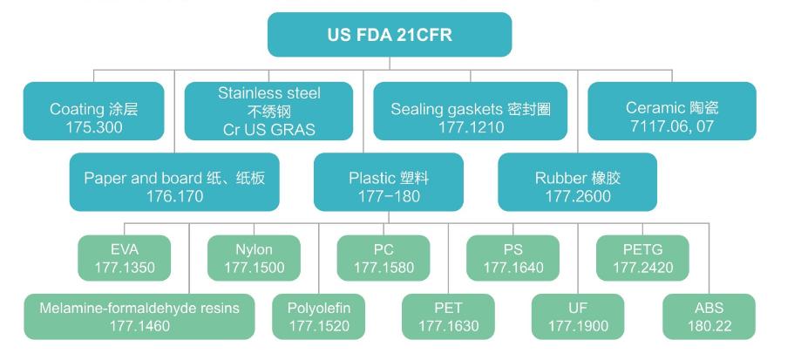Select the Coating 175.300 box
pos(93,111)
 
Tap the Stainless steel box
pos(269,111)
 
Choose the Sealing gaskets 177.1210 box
pos(471,111)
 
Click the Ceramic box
pos(671,111)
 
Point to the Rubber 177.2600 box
pos(573,185)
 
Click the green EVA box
pos(126,258)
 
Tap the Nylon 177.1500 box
pos(254,258)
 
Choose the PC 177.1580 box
pos(384,258)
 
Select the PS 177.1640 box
pos(513,258)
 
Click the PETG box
pos(642,258)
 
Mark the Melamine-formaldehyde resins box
pos(140,316)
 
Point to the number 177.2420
pos(642,268)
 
